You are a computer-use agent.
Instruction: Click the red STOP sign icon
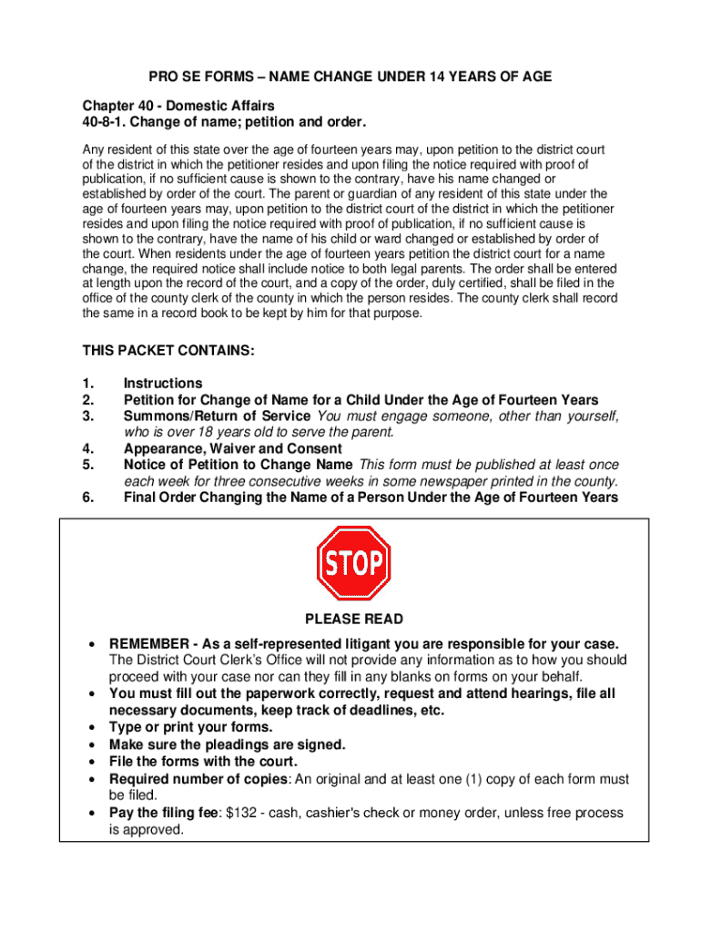coord(353,563)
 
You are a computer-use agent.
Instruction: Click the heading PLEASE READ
coord(353,620)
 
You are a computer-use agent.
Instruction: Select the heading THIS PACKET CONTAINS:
coord(169,351)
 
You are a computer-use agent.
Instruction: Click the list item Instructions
coord(163,384)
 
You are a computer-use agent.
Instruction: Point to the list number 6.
coord(87,497)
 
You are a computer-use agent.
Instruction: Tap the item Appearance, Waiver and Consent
coord(233,448)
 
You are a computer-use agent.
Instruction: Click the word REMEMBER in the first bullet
coord(149,643)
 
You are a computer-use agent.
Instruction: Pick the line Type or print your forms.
coord(190,727)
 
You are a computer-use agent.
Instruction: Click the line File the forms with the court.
coord(203,761)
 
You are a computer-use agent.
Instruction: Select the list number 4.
coord(87,448)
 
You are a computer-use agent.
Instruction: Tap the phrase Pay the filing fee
coord(161,813)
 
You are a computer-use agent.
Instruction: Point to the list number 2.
coord(87,400)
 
